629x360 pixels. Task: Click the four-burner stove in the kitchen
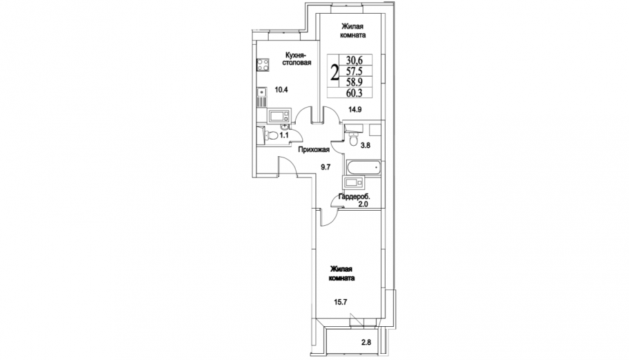click(x=263, y=65)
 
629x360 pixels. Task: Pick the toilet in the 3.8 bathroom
click(x=353, y=139)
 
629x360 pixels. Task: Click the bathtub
click(x=363, y=168)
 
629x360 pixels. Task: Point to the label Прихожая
click(x=314, y=150)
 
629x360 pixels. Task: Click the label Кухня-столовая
click(x=297, y=59)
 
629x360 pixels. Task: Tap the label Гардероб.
click(x=354, y=197)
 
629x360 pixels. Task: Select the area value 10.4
click(x=281, y=90)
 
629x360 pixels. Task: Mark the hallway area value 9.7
click(x=326, y=167)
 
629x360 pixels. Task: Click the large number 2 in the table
click(x=334, y=73)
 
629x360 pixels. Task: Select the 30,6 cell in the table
click(x=354, y=60)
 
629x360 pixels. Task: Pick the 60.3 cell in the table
click(x=354, y=93)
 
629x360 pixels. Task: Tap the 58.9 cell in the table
click(x=354, y=82)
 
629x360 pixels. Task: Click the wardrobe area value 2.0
click(x=363, y=204)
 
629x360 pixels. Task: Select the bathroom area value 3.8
click(x=366, y=146)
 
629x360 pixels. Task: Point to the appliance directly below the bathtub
click(x=354, y=182)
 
